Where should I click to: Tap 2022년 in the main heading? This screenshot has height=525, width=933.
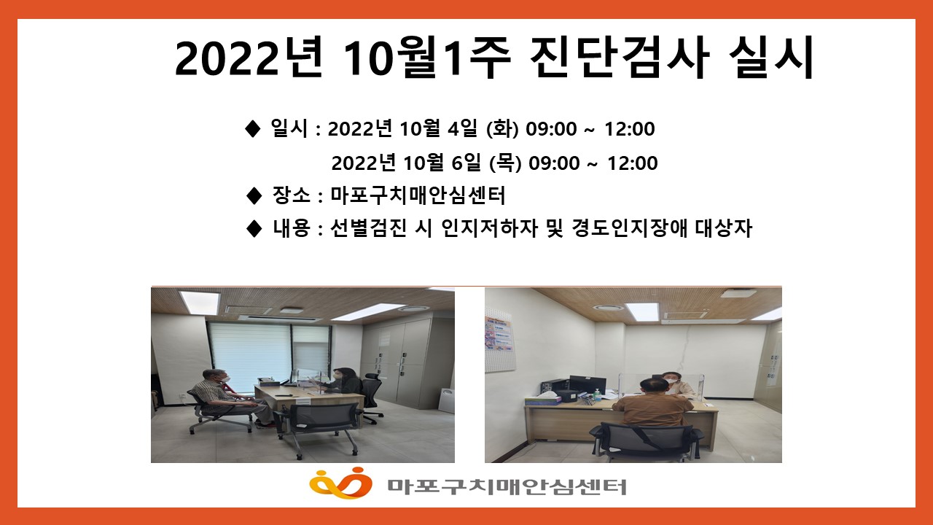coord(249,58)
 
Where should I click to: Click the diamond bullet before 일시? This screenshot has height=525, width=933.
coord(252,129)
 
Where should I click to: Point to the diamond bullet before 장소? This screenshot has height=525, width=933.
coord(254,195)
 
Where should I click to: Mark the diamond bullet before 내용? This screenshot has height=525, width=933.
coord(254,229)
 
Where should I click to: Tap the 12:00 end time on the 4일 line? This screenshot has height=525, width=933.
coord(629,129)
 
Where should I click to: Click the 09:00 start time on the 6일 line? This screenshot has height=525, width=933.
coord(554,163)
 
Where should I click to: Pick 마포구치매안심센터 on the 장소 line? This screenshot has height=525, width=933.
coord(418,195)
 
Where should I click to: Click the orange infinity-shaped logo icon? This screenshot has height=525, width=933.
coord(340,483)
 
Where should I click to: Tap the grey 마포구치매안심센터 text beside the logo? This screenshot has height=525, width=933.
coord(507,486)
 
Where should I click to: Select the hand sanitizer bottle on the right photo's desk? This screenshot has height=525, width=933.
coord(598,394)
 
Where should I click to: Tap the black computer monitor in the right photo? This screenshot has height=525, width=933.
coord(587,386)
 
